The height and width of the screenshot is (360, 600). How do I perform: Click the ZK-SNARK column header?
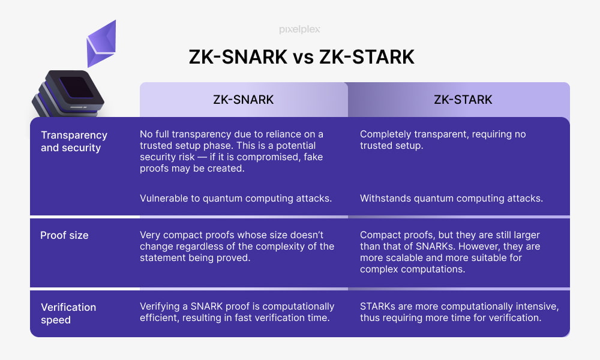244,100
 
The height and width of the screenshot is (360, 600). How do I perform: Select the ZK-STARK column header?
463,100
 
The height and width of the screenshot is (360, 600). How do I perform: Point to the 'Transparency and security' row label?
74,141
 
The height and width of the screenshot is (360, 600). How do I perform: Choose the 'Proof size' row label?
64,235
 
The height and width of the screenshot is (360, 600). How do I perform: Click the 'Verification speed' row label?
68,313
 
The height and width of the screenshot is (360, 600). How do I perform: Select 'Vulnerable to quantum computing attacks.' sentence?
236,199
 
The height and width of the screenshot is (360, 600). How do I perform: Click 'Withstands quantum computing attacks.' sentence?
451,199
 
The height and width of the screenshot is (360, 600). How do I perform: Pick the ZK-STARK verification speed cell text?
459,312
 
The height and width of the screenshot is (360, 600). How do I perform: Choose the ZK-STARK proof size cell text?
450,252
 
